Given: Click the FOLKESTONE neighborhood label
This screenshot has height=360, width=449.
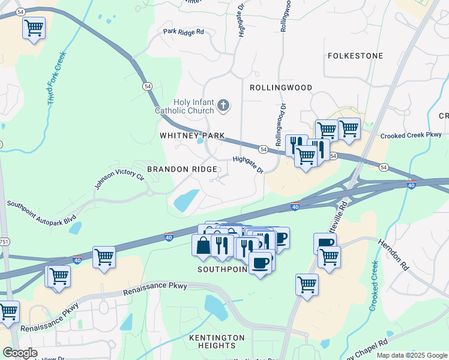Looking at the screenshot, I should [355, 56].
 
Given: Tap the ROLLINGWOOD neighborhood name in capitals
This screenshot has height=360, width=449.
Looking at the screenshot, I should [281, 88].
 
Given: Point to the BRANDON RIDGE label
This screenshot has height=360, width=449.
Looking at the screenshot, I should [182, 170].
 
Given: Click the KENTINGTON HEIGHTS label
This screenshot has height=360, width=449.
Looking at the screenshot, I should [217, 342].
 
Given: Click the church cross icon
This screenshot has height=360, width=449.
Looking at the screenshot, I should [223, 106].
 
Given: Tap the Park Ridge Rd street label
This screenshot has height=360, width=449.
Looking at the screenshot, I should [184, 31].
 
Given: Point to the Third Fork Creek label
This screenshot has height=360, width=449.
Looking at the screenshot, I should [57, 79].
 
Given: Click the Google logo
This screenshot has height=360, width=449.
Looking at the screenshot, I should [19, 353].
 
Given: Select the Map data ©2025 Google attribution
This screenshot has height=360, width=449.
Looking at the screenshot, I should [411, 355].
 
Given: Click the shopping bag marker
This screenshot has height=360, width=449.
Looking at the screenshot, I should [202, 245].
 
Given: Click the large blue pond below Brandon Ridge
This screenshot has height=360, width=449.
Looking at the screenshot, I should [187, 200].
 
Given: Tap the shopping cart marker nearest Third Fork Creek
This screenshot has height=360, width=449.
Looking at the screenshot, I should [34, 28].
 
